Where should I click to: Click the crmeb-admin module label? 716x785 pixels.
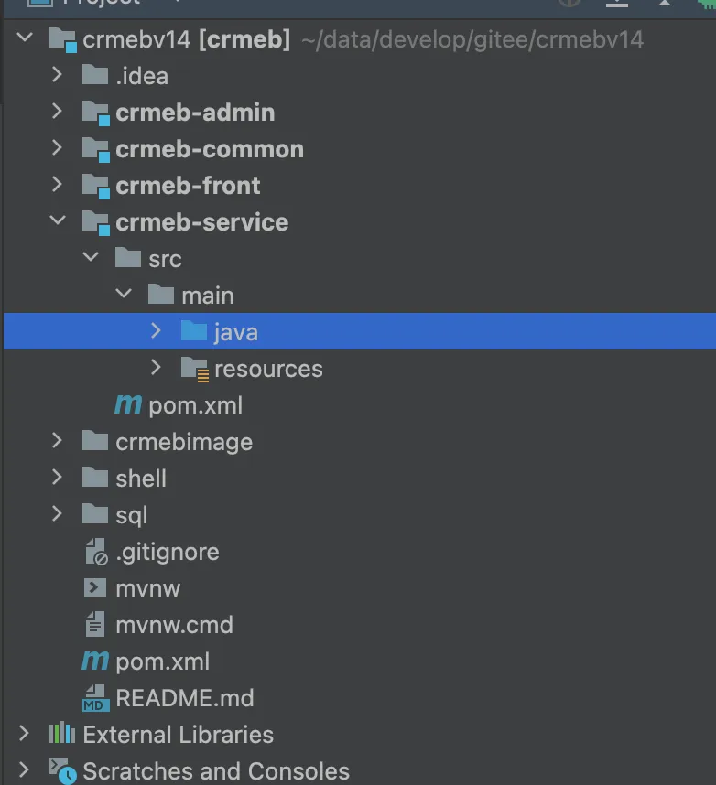tap(195, 113)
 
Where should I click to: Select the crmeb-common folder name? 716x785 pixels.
tap(210, 149)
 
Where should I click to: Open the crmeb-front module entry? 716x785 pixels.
tap(188, 186)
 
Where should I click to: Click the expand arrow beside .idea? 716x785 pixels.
tap(58, 75)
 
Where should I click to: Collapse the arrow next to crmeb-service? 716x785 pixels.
tap(58, 221)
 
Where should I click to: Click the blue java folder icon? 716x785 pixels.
tap(193, 331)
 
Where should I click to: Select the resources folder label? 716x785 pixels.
tap(268, 369)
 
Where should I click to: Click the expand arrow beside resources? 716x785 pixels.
tap(157, 368)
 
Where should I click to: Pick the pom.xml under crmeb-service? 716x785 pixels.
tap(195, 405)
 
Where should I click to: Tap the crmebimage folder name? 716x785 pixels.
tap(184, 442)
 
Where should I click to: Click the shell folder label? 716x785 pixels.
tap(141, 479)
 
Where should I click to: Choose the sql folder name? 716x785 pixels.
tap(132, 515)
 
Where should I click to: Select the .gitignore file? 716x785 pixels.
tap(167, 552)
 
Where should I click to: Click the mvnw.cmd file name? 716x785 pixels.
tap(174, 625)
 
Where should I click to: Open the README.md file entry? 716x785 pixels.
tap(184, 698)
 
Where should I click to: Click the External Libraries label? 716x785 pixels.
tap(178, 735)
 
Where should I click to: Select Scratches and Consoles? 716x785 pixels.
tap(216, 771)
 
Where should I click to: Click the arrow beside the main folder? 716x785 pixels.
tap(124, 295)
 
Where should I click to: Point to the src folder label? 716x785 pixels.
tap(165, 259)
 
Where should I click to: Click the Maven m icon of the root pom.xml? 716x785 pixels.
tap(94, 661)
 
